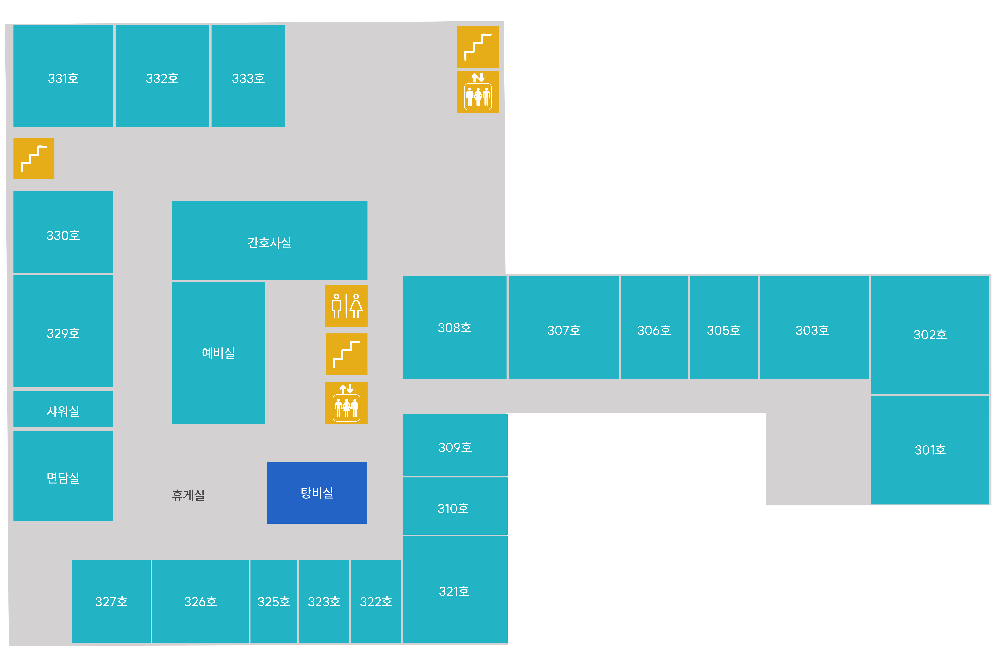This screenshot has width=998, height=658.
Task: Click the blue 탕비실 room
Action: (317, 493)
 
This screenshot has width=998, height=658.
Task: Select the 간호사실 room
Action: (269, 240)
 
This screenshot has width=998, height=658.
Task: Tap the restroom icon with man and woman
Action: (346, 306)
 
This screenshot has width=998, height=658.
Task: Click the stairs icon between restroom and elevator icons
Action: (346, 355)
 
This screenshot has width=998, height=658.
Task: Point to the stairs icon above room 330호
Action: (34, 159)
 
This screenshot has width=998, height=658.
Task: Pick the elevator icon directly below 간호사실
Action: (346, 403)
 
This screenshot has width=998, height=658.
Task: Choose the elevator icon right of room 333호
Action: (478, 91)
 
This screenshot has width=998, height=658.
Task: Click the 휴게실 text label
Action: (188, 495)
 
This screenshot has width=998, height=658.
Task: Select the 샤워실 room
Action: (63, 409)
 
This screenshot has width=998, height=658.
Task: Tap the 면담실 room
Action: (63, 476)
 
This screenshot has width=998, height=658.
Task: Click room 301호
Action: (930, 450)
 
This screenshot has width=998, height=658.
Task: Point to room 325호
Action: (274, 601)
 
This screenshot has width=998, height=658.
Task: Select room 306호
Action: (654, 328)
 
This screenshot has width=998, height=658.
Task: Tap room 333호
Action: (248, 76)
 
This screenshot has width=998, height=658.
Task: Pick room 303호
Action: (814, 328)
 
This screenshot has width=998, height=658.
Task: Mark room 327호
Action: (111, 601)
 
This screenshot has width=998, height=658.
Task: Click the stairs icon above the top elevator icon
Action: (478, 47)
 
